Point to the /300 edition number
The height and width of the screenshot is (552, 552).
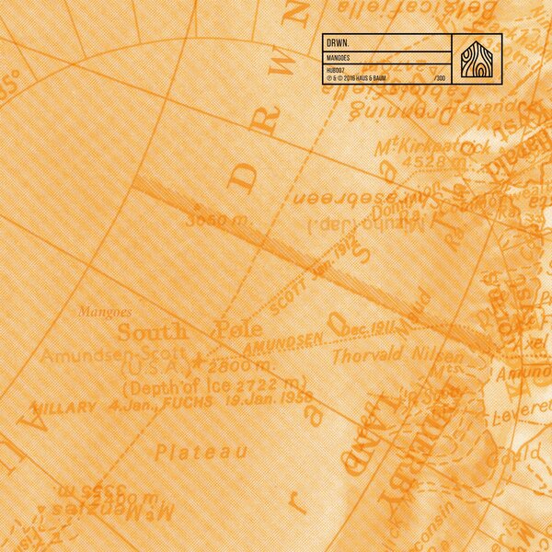(440, 79)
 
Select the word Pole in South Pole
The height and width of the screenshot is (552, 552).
(237, 329)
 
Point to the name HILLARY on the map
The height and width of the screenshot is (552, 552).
(63, 407)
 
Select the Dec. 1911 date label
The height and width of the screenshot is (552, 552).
(369, 329)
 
